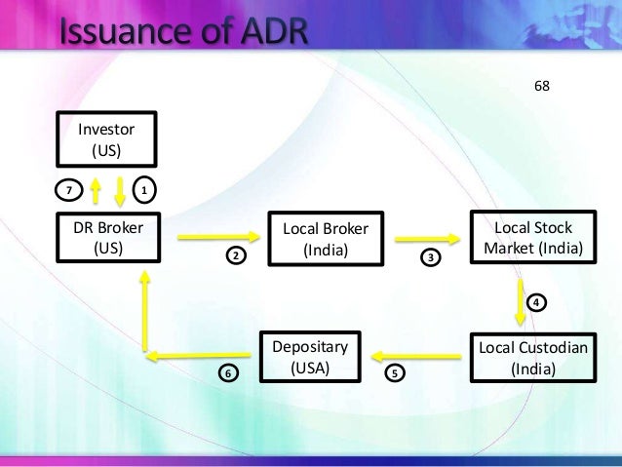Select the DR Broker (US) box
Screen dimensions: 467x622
(x=108, y=237)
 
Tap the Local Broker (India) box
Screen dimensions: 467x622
(x=326, y=238)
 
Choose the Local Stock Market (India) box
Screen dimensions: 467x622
(x=532, y=237)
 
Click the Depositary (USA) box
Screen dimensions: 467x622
(x=309, y=358)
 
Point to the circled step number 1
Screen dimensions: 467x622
(x=143, y=189)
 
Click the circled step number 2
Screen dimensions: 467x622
(x=235, y=255)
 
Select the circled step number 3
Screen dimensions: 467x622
(x=430, y=257)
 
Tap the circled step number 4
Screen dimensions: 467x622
(x=536, y=302)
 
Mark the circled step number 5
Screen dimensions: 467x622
(x=395, y=372)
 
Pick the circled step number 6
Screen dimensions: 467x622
(x=228, y=372)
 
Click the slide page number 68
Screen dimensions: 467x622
(x=542, y=86)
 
